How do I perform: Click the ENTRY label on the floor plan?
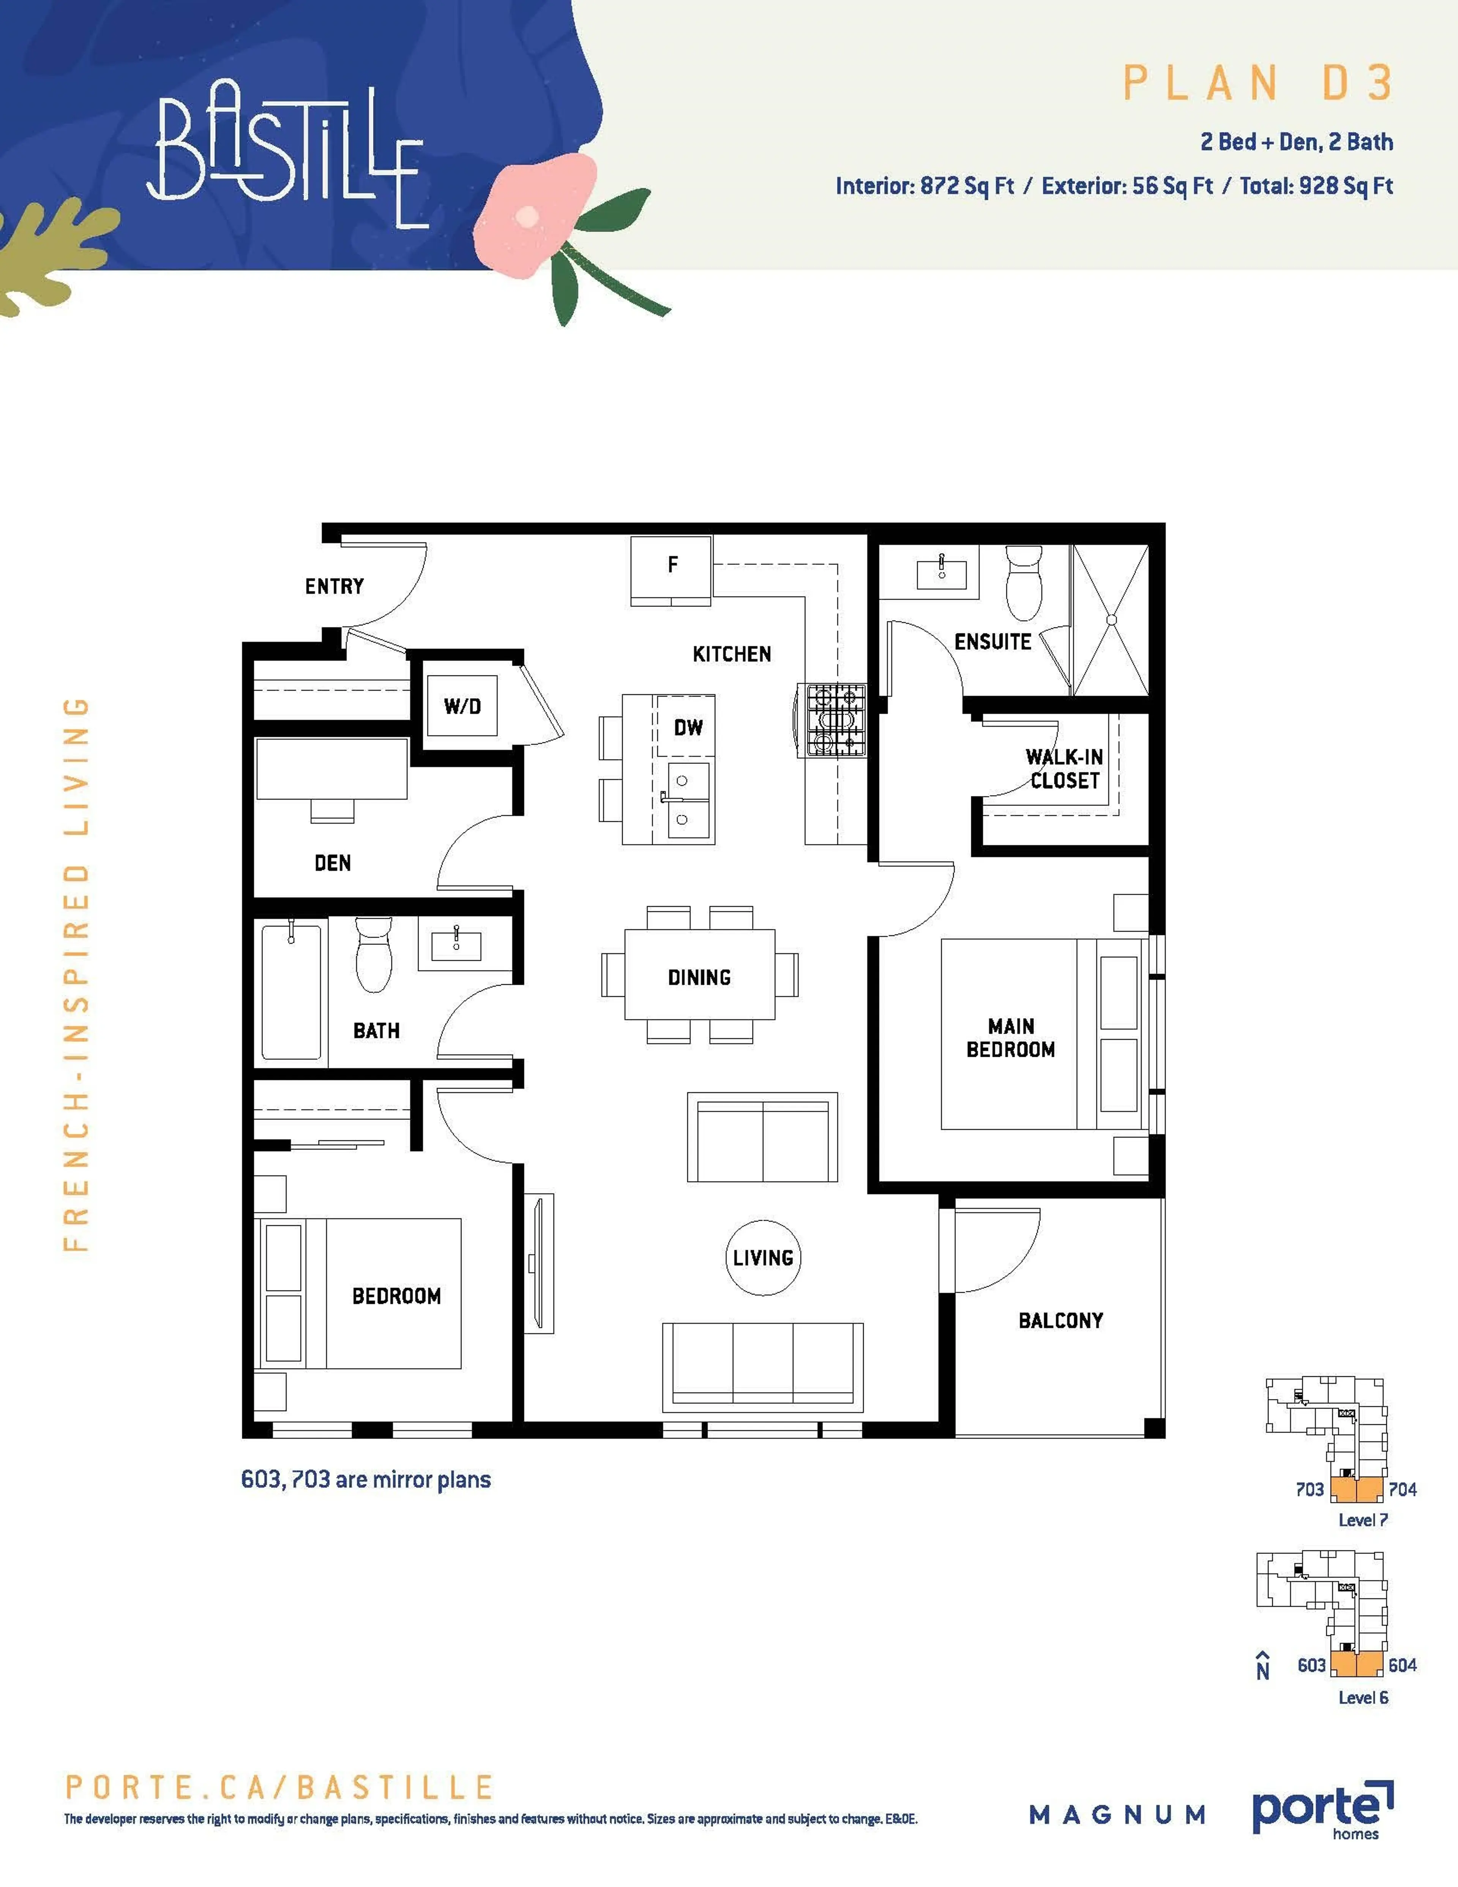click(334, 587)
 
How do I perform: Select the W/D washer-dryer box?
click(462, 706)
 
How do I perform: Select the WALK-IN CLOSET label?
click(1064, 768)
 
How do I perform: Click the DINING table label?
click(699, 977)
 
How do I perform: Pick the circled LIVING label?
click(763, 1258)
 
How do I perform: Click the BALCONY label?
click(1061, 1321)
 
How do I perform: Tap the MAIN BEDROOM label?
click(1011, 1037)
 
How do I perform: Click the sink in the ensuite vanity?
click(942, 570)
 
